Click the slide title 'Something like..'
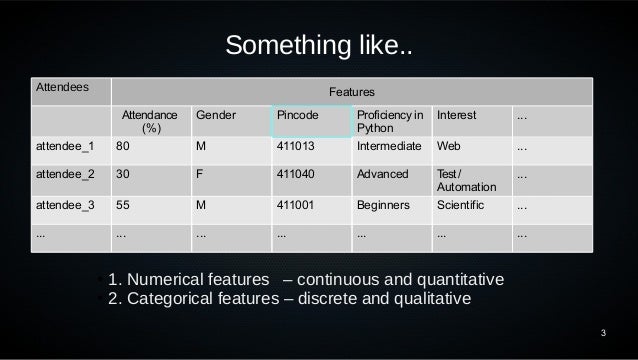pyautogui.click(x=318, y=46)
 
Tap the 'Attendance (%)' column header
pyautogui.click(x=150, y=121)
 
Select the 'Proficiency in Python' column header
pyautogui.click(x=389, y=121)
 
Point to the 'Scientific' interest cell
pyautogui.click(x=461, y=208)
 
